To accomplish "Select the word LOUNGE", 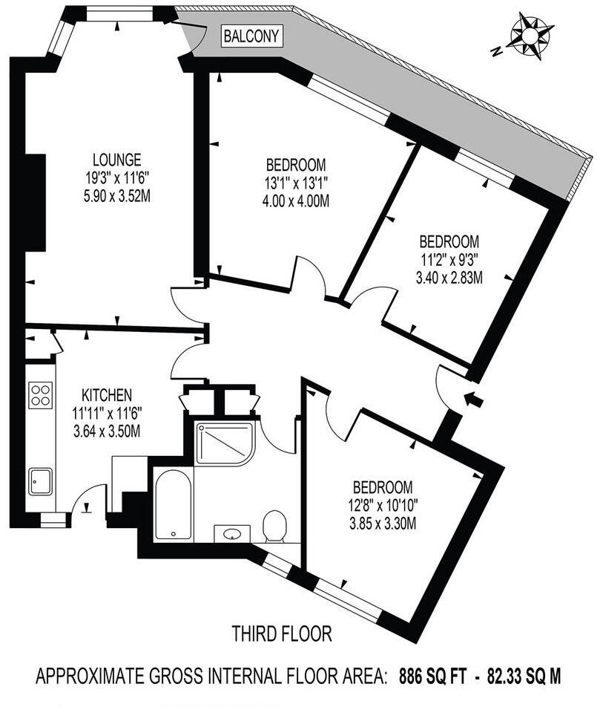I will click(117, 159).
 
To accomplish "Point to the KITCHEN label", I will click(107, 394).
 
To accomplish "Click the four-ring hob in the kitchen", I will click(39, 394).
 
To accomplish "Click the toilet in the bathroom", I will click(276, 526).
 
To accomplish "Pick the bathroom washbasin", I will click(232, 533).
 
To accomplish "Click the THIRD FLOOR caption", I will click(281, 634).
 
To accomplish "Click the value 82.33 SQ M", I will click(524, 677).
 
